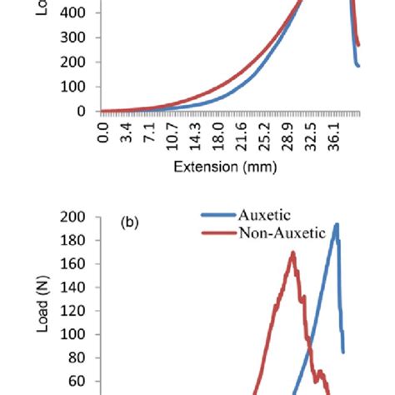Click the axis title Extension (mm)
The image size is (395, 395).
(225, 167)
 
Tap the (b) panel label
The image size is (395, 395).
(131, 223)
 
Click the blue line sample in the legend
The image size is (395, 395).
(218, 215)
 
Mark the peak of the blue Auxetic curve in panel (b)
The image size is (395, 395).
(337, 223)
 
